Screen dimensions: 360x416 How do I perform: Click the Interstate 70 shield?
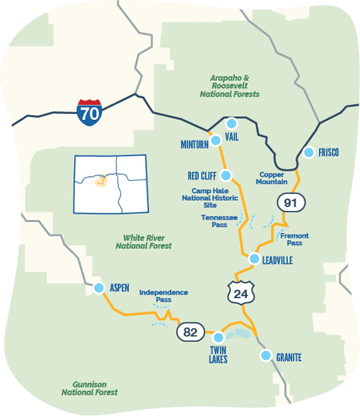click(x=89, y=112)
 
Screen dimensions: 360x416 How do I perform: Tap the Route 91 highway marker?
click(x=290, y=202)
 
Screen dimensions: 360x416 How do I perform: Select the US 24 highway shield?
click(x=241, y=293)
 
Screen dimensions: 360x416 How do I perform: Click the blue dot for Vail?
click(x=231, y=123)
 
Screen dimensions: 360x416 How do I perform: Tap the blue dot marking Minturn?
click(x=215, y=140)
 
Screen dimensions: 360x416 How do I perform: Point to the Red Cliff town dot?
click(x=226, y=175)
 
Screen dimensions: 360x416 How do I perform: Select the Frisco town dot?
click(x=308, y=152)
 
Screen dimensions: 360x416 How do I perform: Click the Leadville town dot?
click(x=254, y=259)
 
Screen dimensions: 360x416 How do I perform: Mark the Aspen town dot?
click(x=98, y=288)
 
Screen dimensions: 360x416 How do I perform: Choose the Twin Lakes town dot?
click(x=219, y=337)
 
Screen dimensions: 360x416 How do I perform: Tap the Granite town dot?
click(x=265, y=355)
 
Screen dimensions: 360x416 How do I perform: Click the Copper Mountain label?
click(x=272, y=178)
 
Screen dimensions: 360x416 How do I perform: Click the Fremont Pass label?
click(x=294, y=239)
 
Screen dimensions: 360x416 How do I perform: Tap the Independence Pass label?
click(x=163, y=296)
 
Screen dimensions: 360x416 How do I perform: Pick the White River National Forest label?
click(x=143, y=241)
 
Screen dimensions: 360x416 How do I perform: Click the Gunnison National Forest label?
click(x=89, y=388)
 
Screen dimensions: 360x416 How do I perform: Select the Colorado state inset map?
click(x=110, y=184)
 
